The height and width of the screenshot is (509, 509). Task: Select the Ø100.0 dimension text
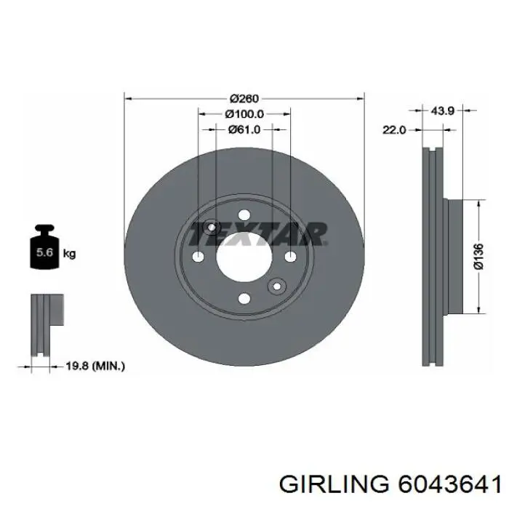(244, 114)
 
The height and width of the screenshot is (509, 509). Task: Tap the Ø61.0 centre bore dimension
(244, 129)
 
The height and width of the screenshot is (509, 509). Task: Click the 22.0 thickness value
(393, 129)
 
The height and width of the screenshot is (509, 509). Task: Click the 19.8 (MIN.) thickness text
(95, 366)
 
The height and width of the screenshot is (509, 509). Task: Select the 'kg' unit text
(70, 254)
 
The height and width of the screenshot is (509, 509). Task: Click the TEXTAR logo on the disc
(257, 234)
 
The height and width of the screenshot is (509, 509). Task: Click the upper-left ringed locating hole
(212, 228)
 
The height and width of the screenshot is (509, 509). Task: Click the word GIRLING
(335, 484)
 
